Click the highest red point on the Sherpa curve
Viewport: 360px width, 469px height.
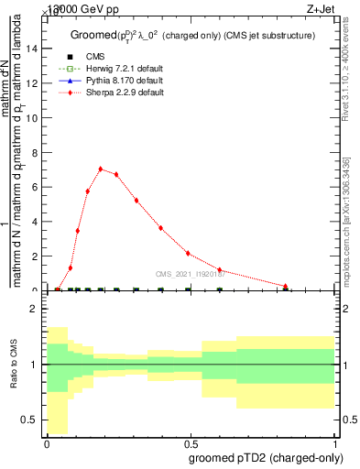100,169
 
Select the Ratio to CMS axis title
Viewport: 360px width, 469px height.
13,365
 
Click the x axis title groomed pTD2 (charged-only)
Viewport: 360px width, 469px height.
265,456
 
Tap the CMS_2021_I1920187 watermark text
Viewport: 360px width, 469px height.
193,274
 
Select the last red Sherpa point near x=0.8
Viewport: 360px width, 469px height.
286,286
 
